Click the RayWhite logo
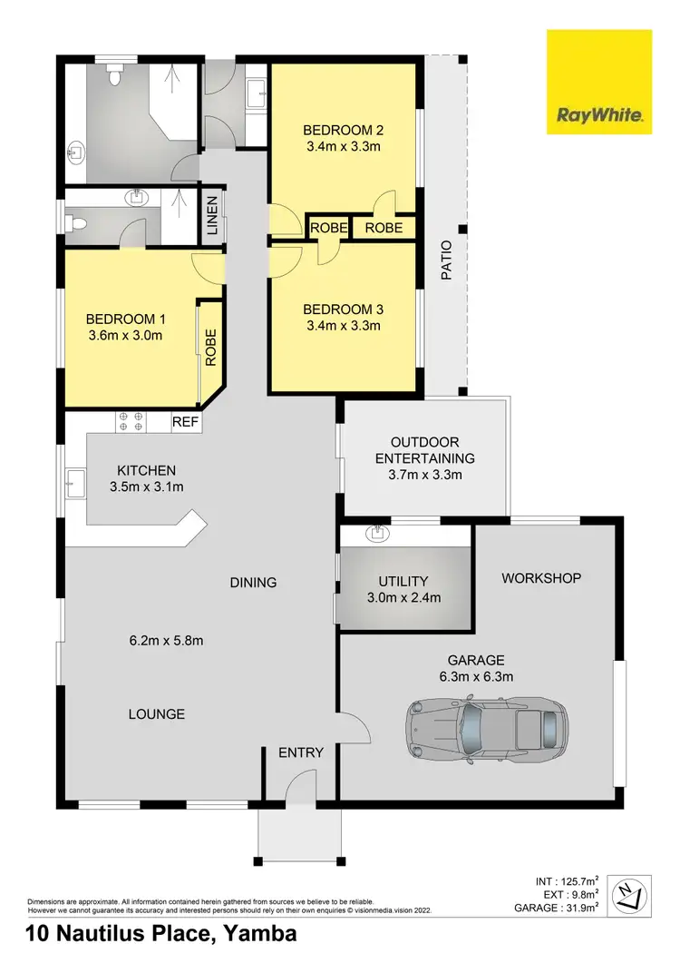pyautogui.click(x=599, y=82)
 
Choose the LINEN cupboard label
pyautogui.click(x=212, y=216)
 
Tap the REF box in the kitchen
pyautogui.click(x=185, y=422)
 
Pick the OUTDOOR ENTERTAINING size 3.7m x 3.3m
pyautogui.click(x=425, y=475)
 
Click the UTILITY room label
pyautogui.click(x=403, y=581)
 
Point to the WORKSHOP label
pyautogui.click(x=540, y=578)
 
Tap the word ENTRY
pyautogui.click(x=300, y=752)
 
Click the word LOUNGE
pyautogui.click(x=156, y=714)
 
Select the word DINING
pyautogui.click(x=253, y=583)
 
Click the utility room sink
pyautogui.click(x=375, y=533)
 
